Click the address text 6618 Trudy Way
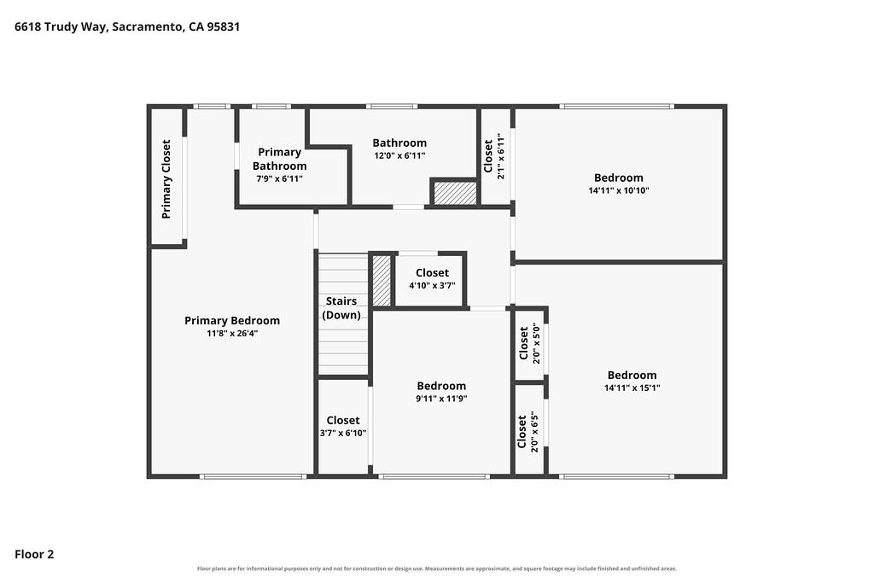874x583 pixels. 61,26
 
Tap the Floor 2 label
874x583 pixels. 34,554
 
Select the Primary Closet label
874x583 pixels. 166,179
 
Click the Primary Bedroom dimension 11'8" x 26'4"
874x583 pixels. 232,333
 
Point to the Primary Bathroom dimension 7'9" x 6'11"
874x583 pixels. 279,179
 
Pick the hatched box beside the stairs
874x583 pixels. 382,280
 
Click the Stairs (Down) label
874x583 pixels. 341,307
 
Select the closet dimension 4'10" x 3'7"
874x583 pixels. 432,286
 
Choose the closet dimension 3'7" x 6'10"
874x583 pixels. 343,433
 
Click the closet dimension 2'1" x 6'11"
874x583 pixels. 500,156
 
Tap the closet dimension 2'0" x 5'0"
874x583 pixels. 536,343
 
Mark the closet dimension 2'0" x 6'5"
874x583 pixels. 534,433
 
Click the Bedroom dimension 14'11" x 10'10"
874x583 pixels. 619,190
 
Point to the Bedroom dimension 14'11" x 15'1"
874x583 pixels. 632,388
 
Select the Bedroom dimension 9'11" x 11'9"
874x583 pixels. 441,399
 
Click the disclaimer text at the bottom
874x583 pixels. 437,569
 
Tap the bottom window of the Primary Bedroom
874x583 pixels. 253,476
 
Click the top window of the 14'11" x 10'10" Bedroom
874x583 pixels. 616,106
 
